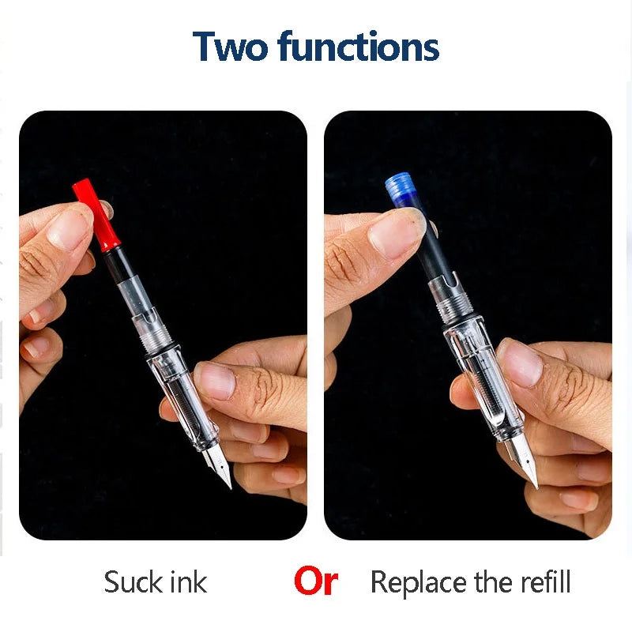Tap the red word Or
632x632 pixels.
coord(315,582)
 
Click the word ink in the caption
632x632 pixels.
coord(189,583)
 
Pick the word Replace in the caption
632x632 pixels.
coord(418,583)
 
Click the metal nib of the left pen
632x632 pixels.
coord(219,466)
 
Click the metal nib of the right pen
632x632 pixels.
coord(525,464)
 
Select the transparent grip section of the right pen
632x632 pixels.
coord(485,387)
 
